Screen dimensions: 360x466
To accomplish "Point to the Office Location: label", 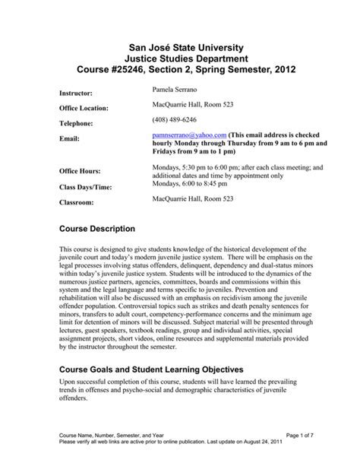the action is (x=87, y=108).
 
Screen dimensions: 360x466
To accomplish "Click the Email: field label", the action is (x=70, y=138).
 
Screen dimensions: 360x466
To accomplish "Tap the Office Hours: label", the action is (x=82, y=171).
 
